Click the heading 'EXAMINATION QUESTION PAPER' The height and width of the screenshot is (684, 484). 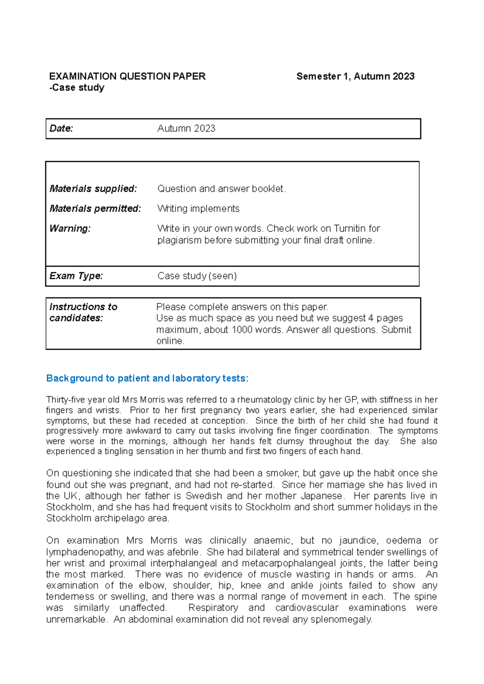click(127, 76)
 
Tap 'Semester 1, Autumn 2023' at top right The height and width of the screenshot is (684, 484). click(355, 76)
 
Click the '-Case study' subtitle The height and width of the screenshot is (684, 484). click(77, 87)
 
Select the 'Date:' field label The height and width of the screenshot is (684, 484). click(61, 128)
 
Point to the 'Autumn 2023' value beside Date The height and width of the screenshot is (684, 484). click(186, 128)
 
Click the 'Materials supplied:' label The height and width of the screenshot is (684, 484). click(93, 189)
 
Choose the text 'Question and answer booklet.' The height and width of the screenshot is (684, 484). click(221, 189)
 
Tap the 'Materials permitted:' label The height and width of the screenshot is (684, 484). click(95, 208)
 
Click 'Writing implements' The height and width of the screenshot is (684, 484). click(198, 208)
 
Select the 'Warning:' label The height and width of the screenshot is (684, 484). click(70, 228)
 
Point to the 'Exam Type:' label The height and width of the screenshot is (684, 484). click(76, 276)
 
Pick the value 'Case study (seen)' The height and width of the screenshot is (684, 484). click(197, 276)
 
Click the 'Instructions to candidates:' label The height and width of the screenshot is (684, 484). click(83, 312)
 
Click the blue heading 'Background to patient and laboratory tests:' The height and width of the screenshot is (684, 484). click(147, 378)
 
